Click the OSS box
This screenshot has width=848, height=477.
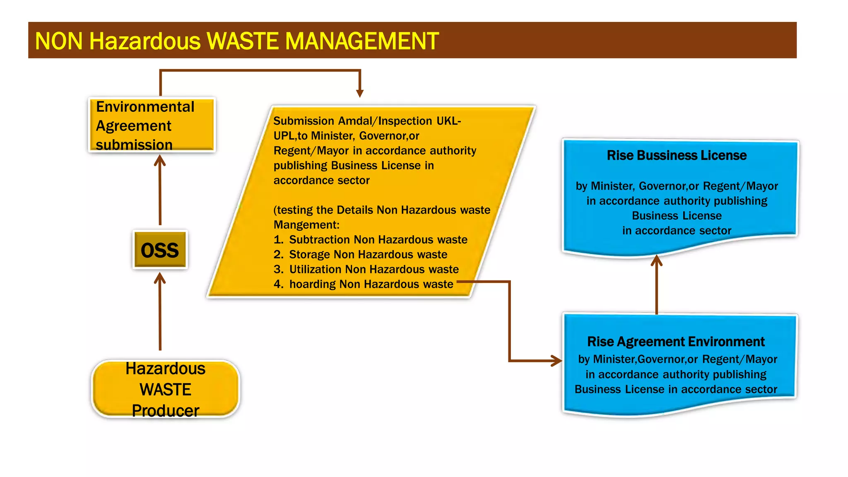tap(160, 250)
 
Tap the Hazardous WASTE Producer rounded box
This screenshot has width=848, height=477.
tap(166, 388)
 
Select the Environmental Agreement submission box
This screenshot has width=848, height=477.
tap(152, 125)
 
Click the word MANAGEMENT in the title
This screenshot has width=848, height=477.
tap(361, 41)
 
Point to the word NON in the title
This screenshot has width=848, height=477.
tap(59, 41)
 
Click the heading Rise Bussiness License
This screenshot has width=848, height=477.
tap(677, 155)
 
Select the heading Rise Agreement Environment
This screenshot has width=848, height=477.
tap(676, 342)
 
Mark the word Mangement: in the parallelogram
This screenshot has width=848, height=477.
tap(306, 225)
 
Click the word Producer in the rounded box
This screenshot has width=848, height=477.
tap(166, 411)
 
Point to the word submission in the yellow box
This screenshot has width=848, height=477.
tap(134, 145)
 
